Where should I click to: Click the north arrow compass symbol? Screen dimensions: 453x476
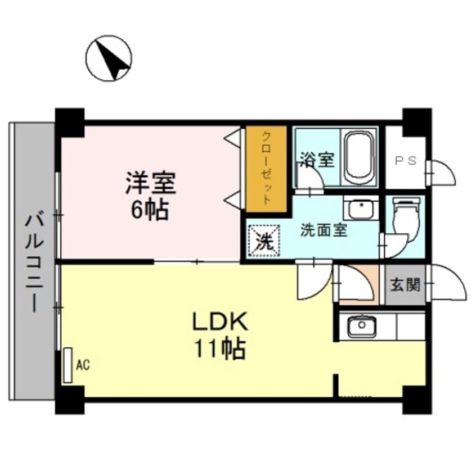pos(109,57)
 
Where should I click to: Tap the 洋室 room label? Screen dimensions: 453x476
pos(150,183)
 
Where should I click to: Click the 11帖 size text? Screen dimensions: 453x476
pos(220,350)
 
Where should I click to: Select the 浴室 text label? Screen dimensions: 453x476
pos(316,160)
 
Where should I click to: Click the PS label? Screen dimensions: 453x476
pos(405,160)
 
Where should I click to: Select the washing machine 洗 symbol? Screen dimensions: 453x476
pos(263,241)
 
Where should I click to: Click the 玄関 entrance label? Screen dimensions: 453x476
pos(405,285)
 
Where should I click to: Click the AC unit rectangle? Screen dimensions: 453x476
pos(68,365)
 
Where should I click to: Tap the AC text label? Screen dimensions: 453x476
pos(83,365)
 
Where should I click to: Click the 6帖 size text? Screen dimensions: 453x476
pos(150,210)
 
